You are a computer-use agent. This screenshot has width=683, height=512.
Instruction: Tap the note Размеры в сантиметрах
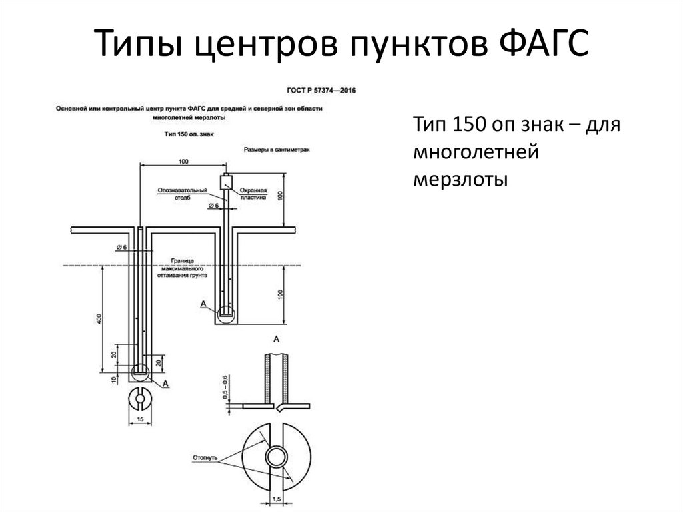point(277,151)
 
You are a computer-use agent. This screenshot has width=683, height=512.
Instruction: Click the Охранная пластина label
point(253,194)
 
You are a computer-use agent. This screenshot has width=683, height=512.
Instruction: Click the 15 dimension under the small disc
point(140,419)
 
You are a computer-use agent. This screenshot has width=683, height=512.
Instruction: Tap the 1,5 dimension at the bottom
point(278,499)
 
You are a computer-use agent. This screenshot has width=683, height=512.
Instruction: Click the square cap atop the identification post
point(225,180)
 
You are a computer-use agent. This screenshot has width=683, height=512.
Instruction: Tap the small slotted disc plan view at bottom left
point(140,399)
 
